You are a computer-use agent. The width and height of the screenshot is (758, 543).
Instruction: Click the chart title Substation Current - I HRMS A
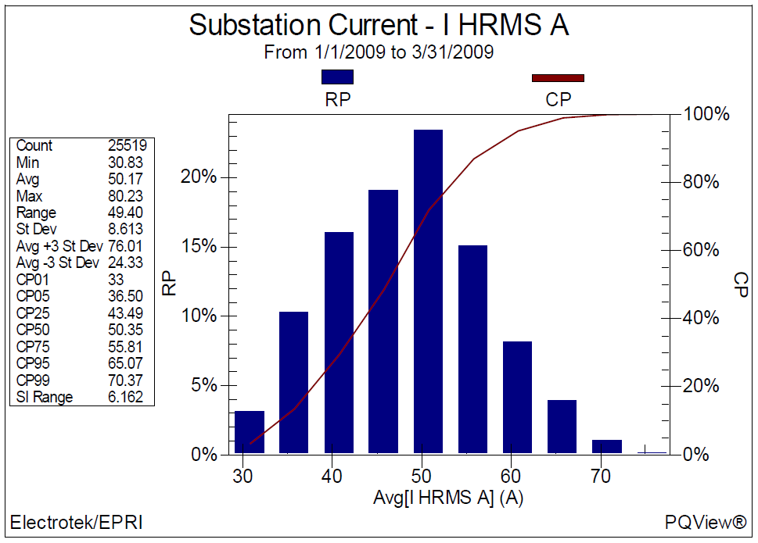point(379,25)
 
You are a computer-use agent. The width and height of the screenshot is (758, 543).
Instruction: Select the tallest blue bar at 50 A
point(428,291)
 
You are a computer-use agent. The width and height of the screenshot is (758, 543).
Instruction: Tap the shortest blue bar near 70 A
point(607,446)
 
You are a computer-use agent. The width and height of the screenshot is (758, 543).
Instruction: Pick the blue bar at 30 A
point(250,432)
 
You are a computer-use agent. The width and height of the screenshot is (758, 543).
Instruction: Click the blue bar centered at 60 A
point(517,397)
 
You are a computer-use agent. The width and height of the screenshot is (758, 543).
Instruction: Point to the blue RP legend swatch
point(337,77)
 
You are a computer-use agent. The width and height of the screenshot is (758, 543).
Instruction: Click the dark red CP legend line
point(558,77)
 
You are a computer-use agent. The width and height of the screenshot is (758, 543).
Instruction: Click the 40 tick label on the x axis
point(333,475)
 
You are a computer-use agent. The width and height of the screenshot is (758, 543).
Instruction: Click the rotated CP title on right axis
point(741,284)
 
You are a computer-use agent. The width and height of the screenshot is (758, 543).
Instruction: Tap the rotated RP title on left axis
point(170,284)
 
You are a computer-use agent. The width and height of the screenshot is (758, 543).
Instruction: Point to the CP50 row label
point(32,330)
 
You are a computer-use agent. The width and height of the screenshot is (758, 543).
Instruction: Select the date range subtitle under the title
point(379,53)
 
